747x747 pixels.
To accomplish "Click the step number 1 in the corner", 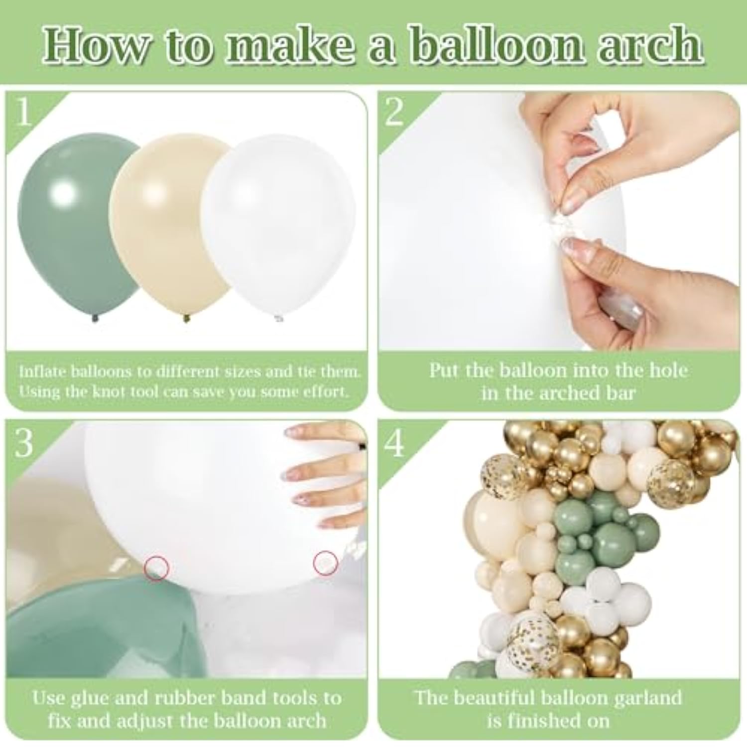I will point(24,113).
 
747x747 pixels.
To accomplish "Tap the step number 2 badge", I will point(394,113).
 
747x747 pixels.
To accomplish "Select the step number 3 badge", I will point(24,443).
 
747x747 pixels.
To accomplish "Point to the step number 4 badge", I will point(395,443).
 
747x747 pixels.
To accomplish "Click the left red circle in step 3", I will point(157,567).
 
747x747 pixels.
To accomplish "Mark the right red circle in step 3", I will point(326,563).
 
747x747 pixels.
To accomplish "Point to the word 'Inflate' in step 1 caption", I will point(42,372).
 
